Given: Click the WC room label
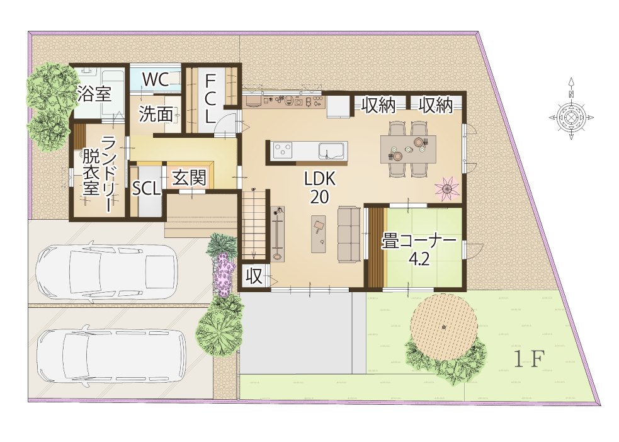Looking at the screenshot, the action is [x=156, y=79].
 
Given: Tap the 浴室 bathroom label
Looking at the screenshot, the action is [x=94, y=94].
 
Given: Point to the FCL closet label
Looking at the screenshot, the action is [x=210, y=99].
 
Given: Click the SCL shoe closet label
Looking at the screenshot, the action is [x=146, y=189].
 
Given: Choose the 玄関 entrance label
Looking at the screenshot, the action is [x=189, y=178].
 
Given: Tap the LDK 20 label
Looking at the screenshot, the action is [x=320, y=188].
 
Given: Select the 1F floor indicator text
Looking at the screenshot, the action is [x=529, y=358].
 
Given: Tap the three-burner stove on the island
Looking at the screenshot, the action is [x=283, y=150].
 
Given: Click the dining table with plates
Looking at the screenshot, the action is [x=408, y=149].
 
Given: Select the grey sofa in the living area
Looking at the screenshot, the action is [x=349, y=234].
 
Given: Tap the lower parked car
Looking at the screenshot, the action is [x=111, y=353].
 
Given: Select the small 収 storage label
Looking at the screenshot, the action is [x=254, y=276].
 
